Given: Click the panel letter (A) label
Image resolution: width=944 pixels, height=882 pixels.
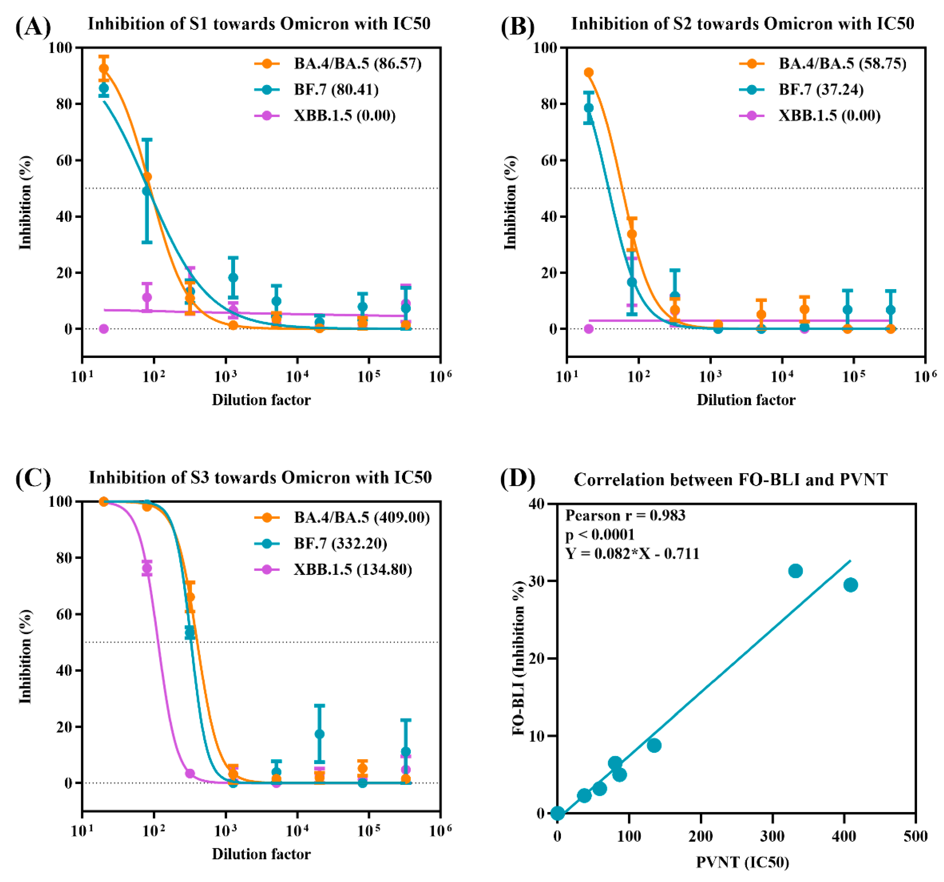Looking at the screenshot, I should coord(33,27).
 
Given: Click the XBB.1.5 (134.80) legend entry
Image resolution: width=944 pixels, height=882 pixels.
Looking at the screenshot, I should coord(352,569).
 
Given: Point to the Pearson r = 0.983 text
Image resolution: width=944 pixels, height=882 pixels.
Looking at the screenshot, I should coord(625,516).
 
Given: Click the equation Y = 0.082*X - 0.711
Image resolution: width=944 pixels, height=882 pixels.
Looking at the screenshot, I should coord(632,554).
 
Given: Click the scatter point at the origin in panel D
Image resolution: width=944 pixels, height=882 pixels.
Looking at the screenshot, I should coord(557,813).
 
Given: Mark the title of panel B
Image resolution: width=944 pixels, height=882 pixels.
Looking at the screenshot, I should coord(742,24).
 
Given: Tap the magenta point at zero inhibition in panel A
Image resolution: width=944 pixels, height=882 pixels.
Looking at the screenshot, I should coord(104,328).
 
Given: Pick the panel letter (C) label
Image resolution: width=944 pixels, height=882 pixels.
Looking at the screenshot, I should coord(33,478).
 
